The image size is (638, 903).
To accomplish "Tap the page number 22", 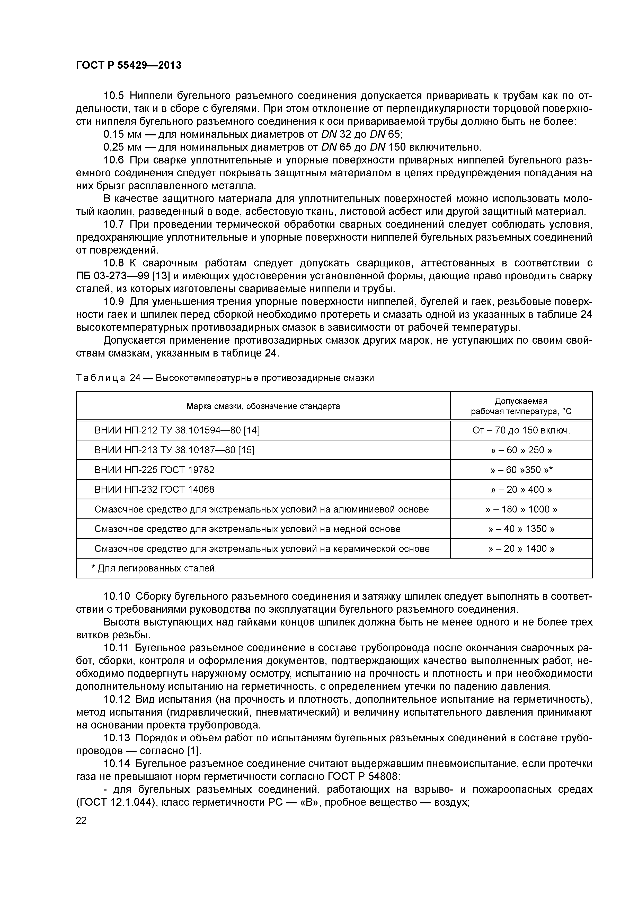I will click(x=81, y=820).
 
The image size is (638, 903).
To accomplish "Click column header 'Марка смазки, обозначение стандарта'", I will click(x=263, y=406).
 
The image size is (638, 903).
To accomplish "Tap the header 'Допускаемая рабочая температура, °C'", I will click(x=521, y=406).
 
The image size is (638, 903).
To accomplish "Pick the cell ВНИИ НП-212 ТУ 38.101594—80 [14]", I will click(x=177, y=430).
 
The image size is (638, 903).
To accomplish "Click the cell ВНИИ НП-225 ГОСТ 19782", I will click(x=155, y=470).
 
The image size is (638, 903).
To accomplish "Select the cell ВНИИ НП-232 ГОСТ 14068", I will click(x=155, y=489).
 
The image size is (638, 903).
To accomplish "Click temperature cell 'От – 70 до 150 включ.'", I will click(x=521, y=430).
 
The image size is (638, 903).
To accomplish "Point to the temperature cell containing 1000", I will click(x=521, y=509).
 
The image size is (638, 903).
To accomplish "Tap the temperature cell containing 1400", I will click(x=521, y=549).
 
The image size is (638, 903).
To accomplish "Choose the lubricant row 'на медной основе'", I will click(x=247, y=529).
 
